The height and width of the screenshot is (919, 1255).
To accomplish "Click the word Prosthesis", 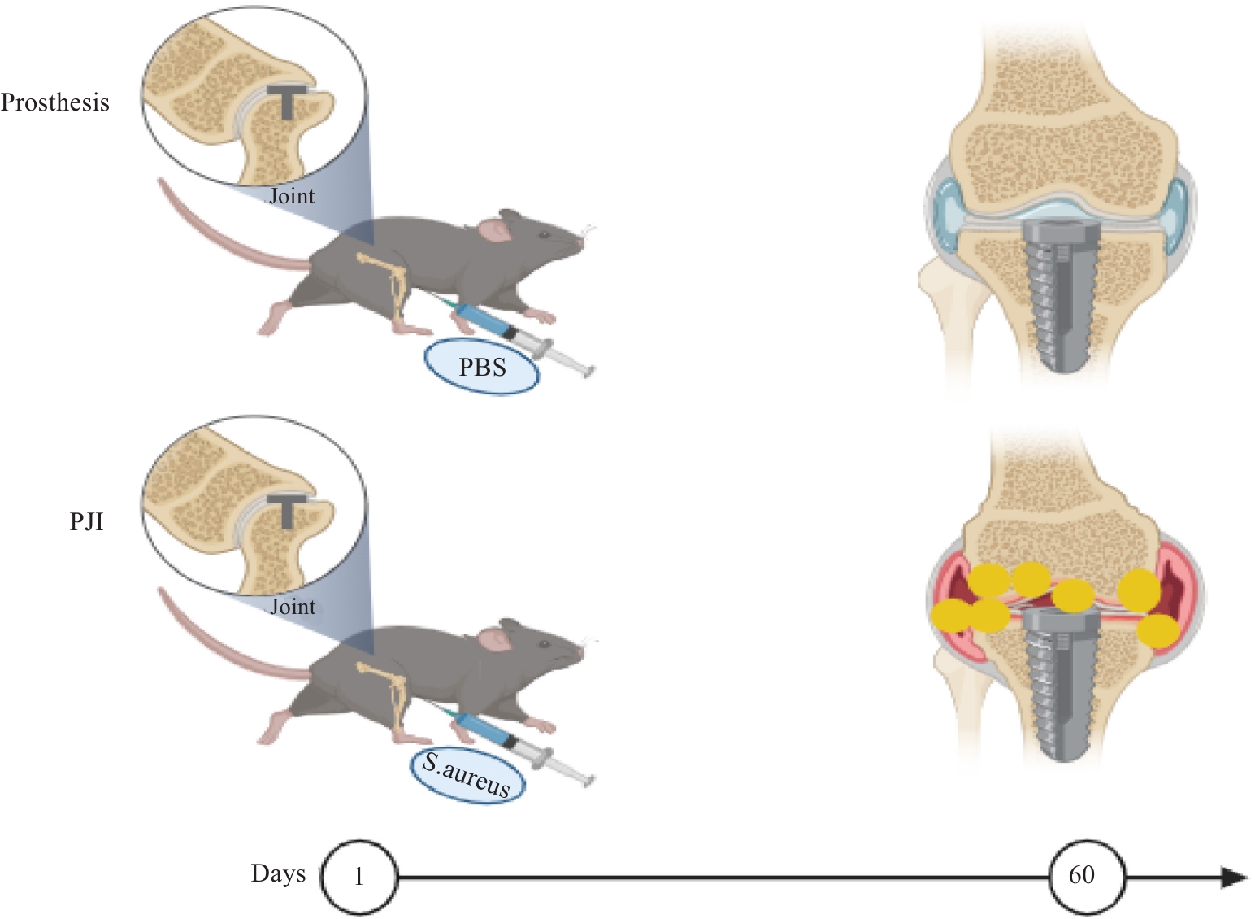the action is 55,102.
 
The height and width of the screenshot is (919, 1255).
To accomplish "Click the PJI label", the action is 86,522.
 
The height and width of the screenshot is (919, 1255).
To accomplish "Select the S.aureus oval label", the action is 467,777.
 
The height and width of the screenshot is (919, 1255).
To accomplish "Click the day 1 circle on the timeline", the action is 359,877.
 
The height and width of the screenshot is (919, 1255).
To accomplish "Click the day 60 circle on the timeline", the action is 1087,877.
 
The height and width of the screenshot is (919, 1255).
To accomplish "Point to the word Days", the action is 278,874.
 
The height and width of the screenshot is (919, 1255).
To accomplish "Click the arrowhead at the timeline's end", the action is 1234,877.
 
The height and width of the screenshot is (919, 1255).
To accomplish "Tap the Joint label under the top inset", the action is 292,196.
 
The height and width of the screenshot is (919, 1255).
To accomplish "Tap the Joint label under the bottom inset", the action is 293,607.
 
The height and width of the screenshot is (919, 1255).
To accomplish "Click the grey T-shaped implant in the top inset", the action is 287,101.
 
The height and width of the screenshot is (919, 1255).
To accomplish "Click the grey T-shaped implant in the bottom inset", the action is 287,511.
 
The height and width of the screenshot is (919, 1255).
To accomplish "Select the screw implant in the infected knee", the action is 1062,684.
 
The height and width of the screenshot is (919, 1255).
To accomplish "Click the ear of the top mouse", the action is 495,231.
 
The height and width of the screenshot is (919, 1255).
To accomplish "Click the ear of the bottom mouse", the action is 495,641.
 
